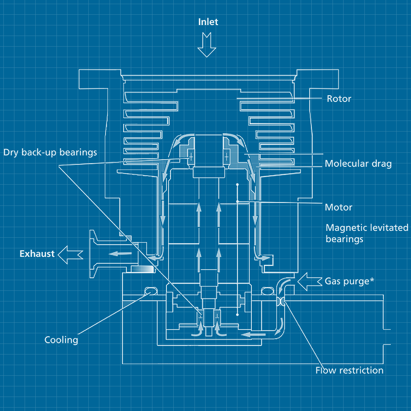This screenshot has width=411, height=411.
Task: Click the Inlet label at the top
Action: click(x=208, y=22)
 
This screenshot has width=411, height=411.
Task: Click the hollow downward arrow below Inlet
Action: click(x=207, y=45)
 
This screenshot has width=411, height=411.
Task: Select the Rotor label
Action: click(x=339, y=99)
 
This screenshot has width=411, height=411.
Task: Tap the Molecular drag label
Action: click(x=358, y=164)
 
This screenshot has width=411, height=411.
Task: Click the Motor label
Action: click(x=338, y=207)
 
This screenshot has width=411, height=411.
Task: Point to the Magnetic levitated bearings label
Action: click(x=366, y=233)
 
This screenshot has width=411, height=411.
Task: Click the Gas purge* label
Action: click(x=349, y=281)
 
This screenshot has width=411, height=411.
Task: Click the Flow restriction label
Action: click(x=349, y=370)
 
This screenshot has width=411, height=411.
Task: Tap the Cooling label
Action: click(x=61, y=340)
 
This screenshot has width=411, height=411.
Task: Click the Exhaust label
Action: click(x=37, y=254)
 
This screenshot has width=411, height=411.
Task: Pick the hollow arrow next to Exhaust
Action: click(x=71, y=254)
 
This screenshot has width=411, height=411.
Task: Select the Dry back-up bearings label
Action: click(x=50, y=152)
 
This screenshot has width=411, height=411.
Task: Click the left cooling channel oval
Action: click(x=150, y=291)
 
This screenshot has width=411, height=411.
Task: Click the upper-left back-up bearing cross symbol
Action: click(x=191, y=157)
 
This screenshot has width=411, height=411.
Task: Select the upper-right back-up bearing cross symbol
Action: click(x=226, y=157)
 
